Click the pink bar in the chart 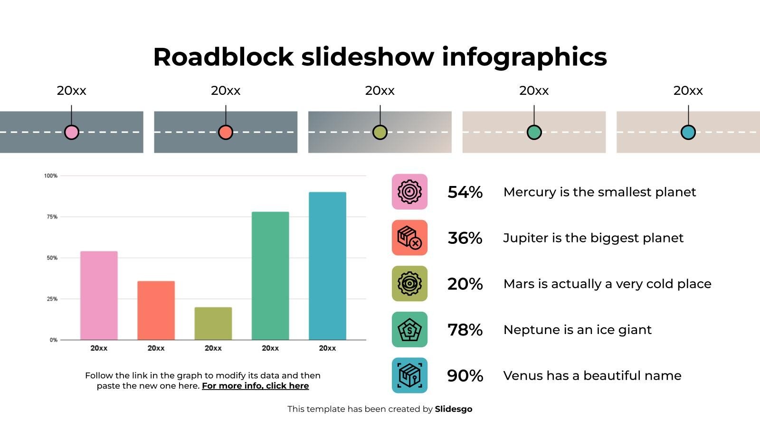(99, 295)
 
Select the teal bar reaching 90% (327, 266)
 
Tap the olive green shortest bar (213, 323)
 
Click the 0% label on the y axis (53, 340)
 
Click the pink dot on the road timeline (72, 132)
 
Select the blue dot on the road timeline (688, 132)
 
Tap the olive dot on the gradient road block (380, 132)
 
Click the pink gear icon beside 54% (409, 192)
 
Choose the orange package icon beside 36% (409, 238)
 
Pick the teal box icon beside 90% (409, 375)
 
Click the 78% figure (465, 330)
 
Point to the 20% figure (465, 284)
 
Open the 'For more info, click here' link (255, 386)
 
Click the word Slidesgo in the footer (453, 409)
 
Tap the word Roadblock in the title (223, 56)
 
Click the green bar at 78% (270, 276)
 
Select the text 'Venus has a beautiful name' (592, 376)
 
